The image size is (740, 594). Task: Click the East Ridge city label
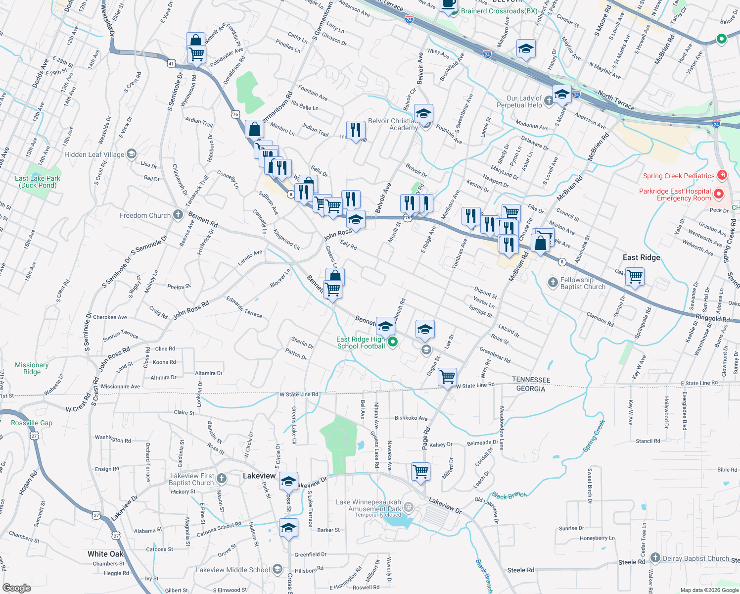[x=641, y=257]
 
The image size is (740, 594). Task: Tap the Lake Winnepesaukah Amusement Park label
[x=369, y=505]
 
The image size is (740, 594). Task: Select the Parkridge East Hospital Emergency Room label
[x=675, y=195]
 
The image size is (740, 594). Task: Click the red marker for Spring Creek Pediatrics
[x=722, y=175]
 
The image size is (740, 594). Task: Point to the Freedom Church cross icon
[x=178, y=215]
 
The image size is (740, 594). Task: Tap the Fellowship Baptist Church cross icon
[x=553, y=283]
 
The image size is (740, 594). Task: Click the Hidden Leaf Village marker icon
[x=132, y=154]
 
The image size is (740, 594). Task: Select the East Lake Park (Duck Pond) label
[x=38, y=182]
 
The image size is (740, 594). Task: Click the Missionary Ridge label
[x=32, y=368]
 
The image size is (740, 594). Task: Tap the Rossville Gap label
[x=32, y=423]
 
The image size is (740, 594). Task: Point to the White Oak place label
[x=105, y=554]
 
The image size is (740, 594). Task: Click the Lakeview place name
[x=259, y=476]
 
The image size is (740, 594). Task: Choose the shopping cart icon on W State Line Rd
[x=448, y=377]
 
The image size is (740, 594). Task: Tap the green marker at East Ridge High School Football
[x=393, y=342]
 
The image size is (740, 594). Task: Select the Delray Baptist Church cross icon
[x=655, y=558]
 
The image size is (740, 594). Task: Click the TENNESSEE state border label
[x=531, y=380]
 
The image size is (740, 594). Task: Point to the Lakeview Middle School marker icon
[x=277, y=570]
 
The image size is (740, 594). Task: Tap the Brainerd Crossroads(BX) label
[x=499, y=11]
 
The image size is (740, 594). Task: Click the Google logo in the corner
[x=17, y=588]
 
